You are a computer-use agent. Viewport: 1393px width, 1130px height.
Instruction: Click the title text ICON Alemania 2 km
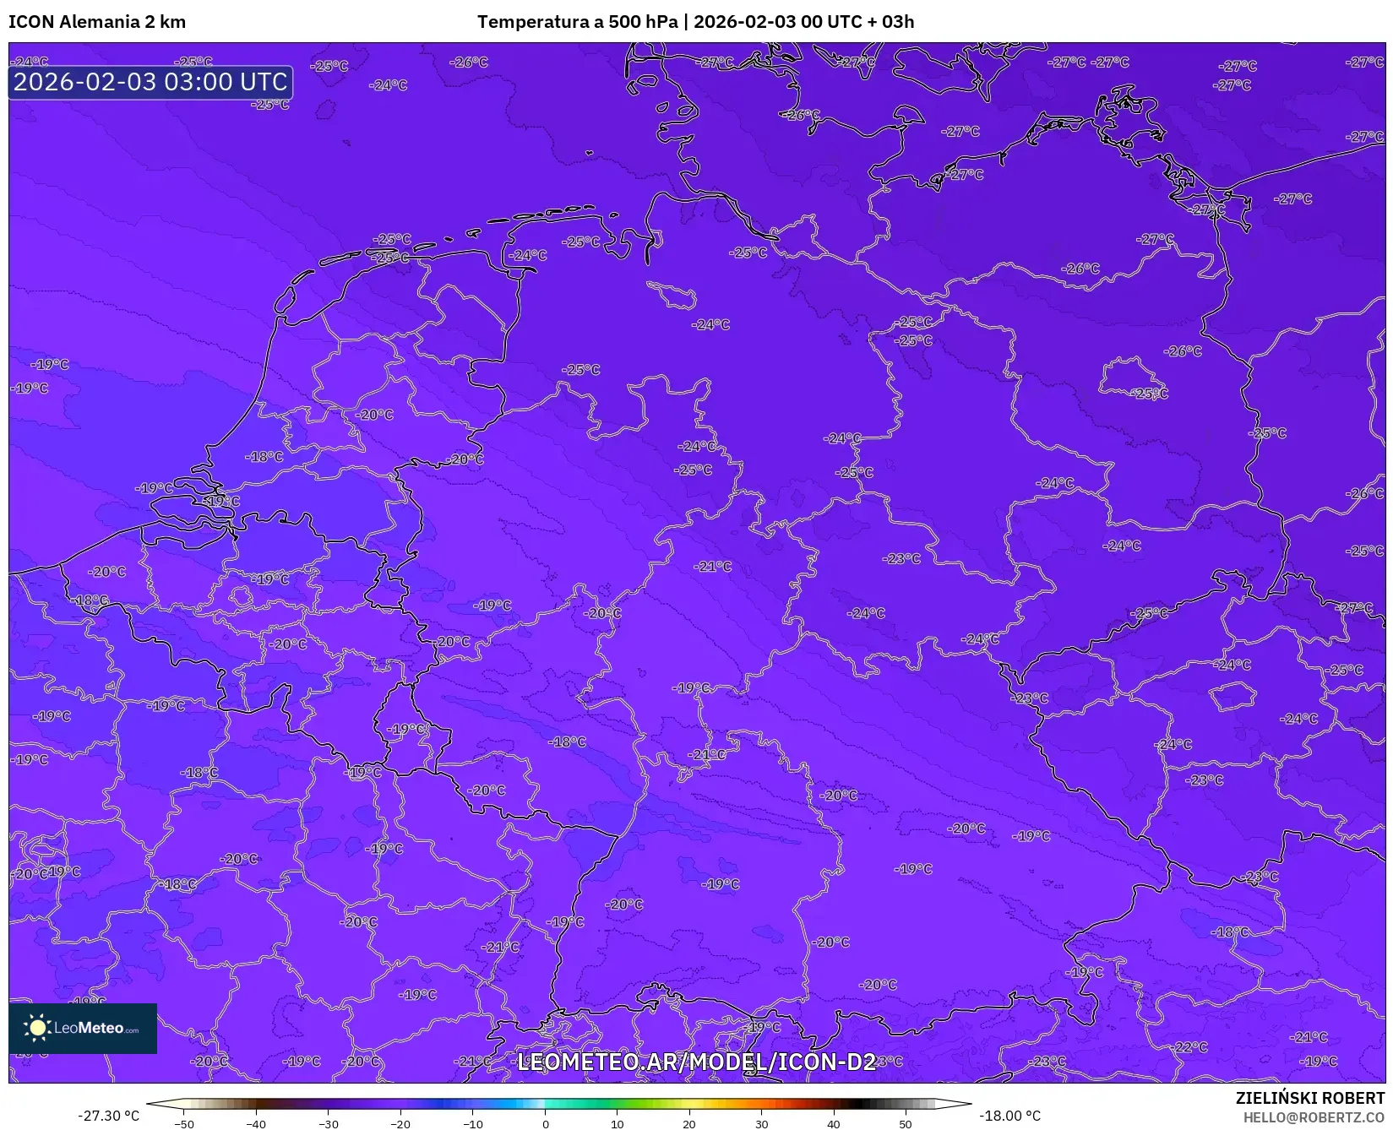(x=97, y=22)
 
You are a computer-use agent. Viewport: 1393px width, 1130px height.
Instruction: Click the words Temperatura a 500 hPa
(x=577, y=22)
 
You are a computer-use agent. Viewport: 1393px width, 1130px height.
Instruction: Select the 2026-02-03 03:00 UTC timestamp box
(x=150, y=82)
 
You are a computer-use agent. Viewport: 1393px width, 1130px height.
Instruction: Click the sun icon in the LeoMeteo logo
(x=37, y=1027)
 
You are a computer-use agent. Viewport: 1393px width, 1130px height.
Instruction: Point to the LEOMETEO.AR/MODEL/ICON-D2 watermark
(x=696, y=1062)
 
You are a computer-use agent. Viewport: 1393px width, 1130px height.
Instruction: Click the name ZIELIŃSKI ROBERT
(x=1310, y=1098)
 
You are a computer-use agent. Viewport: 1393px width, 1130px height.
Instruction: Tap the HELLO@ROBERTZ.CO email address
(x=1314, y=1117)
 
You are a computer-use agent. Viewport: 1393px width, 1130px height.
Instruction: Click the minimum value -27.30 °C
(x=109, y=1116)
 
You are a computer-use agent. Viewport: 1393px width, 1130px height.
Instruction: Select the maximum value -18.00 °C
(x=1009, y=1116)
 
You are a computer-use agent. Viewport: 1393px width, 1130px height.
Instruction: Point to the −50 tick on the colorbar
(x=183, y=1124)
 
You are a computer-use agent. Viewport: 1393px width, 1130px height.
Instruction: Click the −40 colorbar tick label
(x=256, y=1124)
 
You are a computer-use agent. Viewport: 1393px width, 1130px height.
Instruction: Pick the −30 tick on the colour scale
(x=328, y=1124)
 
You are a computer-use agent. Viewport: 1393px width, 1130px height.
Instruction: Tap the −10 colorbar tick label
(x=473, y=1124)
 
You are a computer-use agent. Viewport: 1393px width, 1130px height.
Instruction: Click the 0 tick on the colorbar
(x=546, y=1124)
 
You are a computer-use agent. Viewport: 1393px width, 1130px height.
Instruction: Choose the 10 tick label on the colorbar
(x=618, y=1124)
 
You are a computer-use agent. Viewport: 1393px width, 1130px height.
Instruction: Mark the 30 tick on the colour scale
(x=762, y=1124)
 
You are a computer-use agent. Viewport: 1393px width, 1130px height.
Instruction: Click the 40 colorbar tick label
(x=834, y=1124)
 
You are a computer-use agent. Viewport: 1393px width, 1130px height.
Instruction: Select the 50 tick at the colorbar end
(x=906, y=1124)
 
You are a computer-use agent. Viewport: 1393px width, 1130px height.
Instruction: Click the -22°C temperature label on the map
(x=1191, y=1047)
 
